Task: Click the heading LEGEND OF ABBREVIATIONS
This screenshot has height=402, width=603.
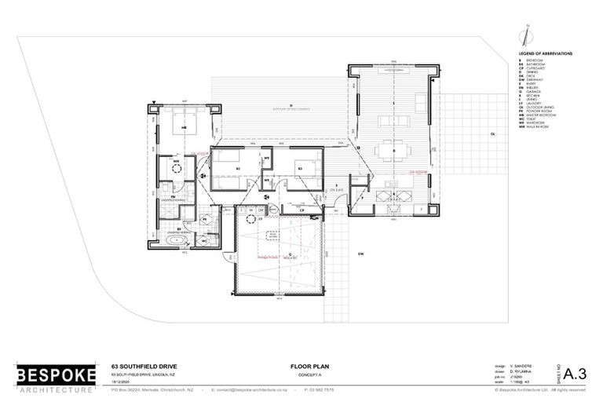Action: [546, 53]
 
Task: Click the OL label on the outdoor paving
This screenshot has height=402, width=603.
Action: [494, 134]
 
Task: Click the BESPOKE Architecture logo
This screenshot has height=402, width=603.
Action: [56, 377]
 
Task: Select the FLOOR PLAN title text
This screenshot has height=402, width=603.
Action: [306, 367]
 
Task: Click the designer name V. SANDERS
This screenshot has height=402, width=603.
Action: [522, 365]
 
